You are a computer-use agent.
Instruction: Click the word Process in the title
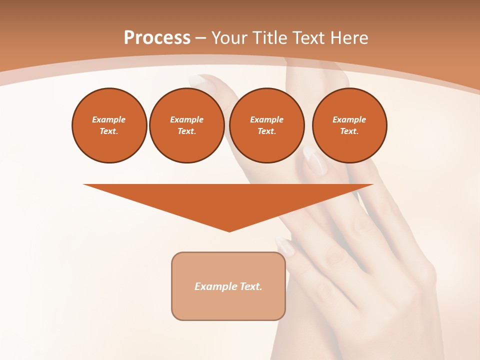[x=157, y=38]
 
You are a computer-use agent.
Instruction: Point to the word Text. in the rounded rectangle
[x=251, y=286]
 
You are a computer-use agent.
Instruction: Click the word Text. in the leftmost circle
[x=109, y=131]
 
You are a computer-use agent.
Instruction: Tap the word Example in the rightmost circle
[x=349, y=119]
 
